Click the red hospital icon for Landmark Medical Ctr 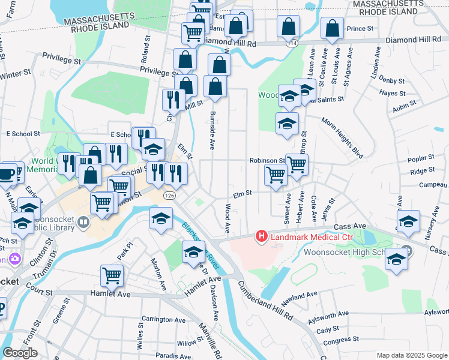(262, 237)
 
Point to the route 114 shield (292, 44)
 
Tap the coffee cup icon (7, 173)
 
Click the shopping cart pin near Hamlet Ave (112, 276)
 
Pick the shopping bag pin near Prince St (332, 28)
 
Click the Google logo (20, 353)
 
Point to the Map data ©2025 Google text (412, 355)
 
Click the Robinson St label (267, 161)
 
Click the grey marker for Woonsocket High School (408, 250)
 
